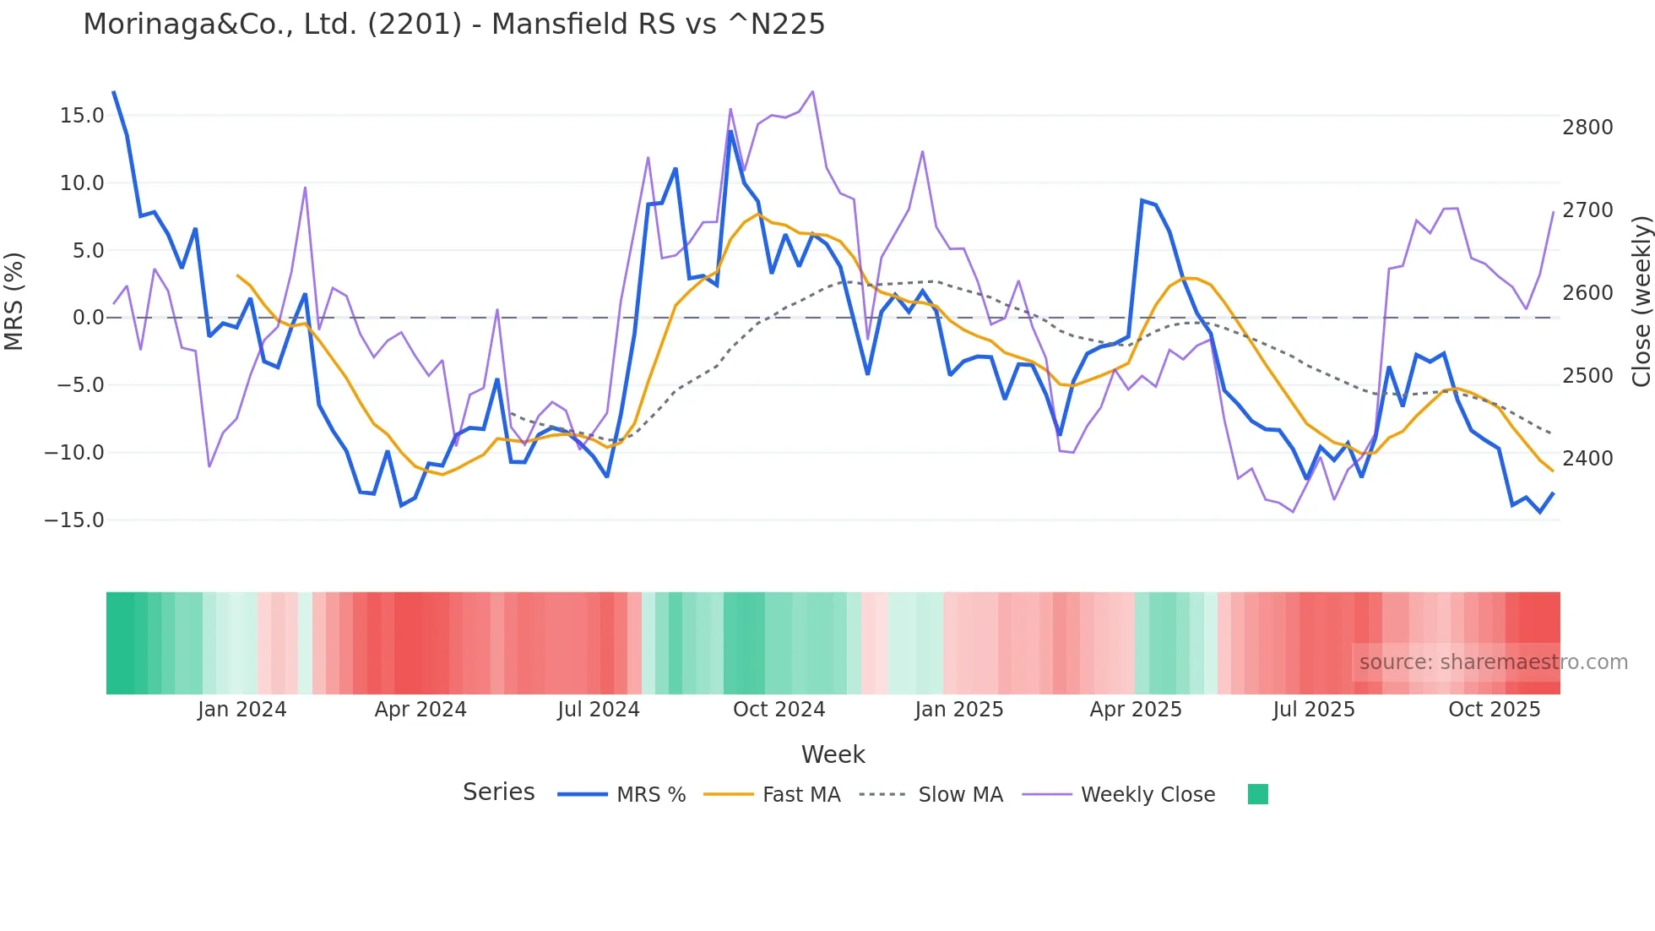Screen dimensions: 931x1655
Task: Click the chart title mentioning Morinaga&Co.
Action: click(453, 24)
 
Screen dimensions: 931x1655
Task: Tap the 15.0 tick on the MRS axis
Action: click(82, 116)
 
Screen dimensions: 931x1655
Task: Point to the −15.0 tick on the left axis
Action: click(74, 520)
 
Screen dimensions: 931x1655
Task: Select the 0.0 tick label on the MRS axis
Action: click(88, 318)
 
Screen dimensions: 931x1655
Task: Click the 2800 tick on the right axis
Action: click(1587, 128)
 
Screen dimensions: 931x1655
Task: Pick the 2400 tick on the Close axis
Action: click(1587, 459)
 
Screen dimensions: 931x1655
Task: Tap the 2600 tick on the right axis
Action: click(1587, 293)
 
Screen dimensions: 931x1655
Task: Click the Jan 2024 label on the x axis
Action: click(242, 710)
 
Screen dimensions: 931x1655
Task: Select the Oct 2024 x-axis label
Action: click(779, 710)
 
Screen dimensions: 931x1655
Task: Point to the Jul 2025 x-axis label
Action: click(1314, 710)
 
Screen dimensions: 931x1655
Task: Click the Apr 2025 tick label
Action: click(1136, 710)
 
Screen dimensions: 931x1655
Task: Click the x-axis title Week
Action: click(833, 754)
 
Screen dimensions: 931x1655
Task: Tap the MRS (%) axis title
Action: click(14, 301)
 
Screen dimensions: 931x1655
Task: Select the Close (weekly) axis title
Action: click(1641, 302)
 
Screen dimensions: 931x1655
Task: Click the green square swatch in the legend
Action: click(1257, 794)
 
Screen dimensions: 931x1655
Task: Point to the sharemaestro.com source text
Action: click(1493, 662)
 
